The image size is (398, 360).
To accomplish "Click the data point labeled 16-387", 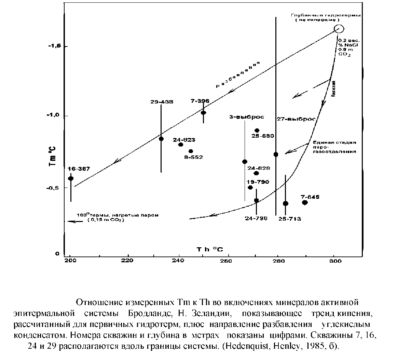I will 71,178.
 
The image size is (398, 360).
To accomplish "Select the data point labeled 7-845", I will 305,203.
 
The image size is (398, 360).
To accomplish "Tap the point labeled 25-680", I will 257,130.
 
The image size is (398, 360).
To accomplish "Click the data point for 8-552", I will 191,151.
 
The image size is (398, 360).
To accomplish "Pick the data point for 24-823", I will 181,144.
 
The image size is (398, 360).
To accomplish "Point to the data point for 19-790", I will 250,188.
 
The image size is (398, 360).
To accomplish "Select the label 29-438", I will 162,102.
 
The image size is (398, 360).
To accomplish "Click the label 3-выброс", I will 247,117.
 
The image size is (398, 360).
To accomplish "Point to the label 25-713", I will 289,219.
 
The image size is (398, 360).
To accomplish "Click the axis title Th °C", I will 209,249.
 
